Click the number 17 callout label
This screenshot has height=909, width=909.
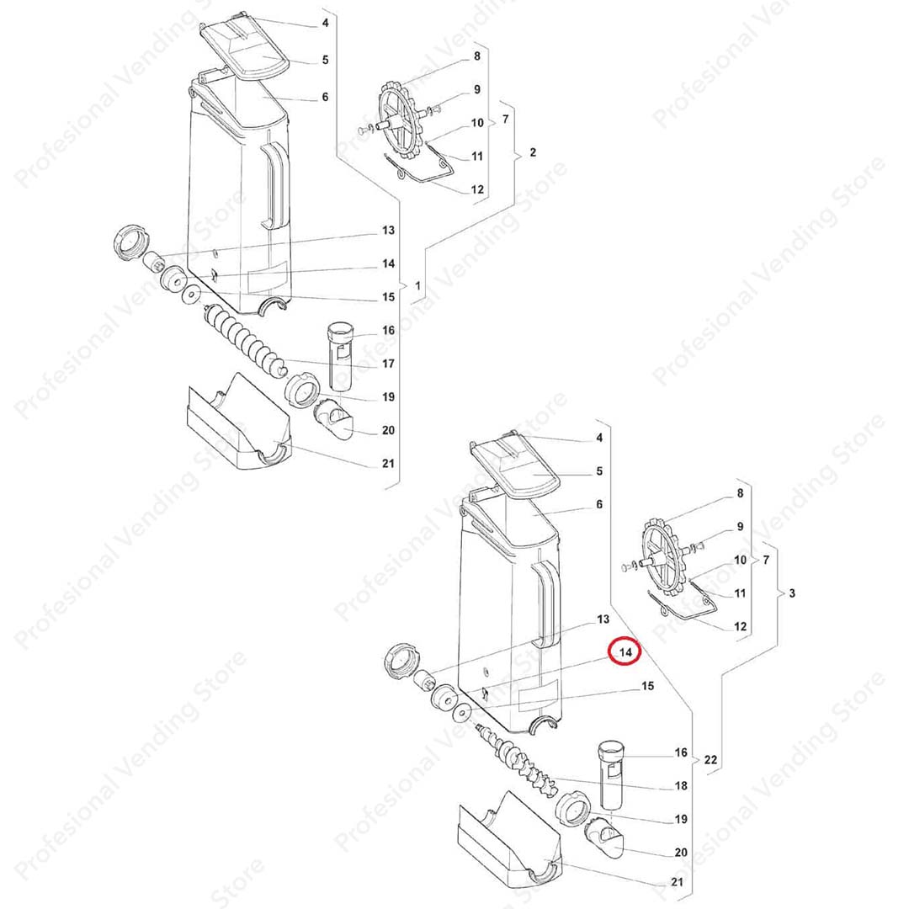388,364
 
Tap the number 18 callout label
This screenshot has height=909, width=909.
681,785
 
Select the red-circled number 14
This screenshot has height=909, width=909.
625,652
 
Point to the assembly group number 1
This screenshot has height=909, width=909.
417,286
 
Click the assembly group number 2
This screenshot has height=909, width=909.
533,152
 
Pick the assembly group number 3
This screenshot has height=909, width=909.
792,593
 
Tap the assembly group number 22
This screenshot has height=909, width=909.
710,759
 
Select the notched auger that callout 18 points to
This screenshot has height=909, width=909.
515,758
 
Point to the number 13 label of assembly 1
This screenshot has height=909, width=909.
388,230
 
